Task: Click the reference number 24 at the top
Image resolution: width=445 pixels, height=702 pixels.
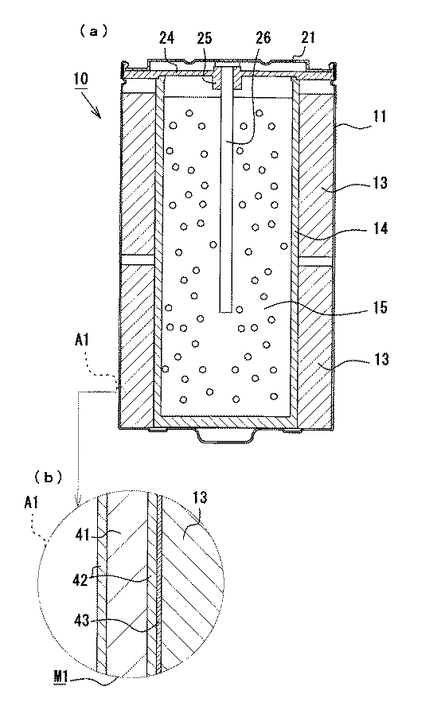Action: point(166,38)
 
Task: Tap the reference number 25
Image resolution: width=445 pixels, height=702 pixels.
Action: point(204,38)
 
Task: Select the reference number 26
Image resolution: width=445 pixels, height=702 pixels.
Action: point(263,37)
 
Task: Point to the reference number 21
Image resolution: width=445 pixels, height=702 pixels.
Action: point(308,37)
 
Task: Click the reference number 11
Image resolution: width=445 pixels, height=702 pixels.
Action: point(380,117)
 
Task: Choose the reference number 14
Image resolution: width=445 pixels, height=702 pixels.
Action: point(380,228)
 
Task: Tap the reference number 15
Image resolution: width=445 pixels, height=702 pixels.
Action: point(380,307)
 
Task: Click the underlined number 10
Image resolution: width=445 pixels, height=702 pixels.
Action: point(81,79)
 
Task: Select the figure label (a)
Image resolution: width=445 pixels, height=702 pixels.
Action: point(93,31)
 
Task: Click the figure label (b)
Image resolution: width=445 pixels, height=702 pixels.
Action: point(48,478)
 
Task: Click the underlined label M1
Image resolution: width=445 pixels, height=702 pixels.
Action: point(61,677)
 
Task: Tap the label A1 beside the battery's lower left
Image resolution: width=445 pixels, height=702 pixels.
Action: point(81,341)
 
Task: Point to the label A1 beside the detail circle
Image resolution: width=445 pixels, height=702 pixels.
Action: point(31,503)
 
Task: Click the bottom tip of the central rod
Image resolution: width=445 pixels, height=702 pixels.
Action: point(225,312)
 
